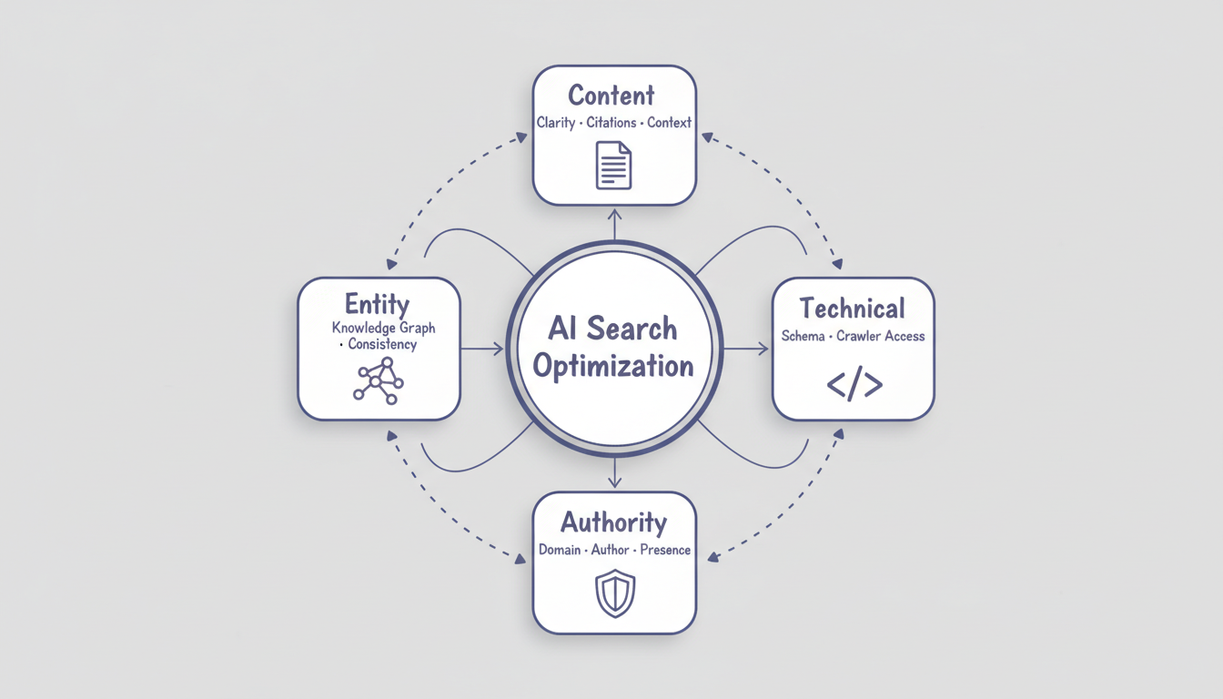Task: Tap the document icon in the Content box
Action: [614, 165]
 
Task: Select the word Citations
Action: [611, 123]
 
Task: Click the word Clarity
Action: [555, 123]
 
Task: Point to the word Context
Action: [669, 123]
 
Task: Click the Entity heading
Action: [377, 303]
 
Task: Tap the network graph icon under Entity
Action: [378, 380]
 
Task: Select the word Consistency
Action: [382, 344]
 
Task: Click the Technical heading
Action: [853, 308]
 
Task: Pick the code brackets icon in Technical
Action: [854, 385]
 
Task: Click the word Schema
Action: [803, 336]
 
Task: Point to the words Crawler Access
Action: [880, 336]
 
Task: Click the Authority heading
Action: [614, 522]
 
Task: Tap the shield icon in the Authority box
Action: [614, 593]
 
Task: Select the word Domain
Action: [560, 550]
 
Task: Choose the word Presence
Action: [665, 550]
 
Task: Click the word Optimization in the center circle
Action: [613, 366]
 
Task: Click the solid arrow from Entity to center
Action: [481, 349]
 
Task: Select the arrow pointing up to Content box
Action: [614, 223]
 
